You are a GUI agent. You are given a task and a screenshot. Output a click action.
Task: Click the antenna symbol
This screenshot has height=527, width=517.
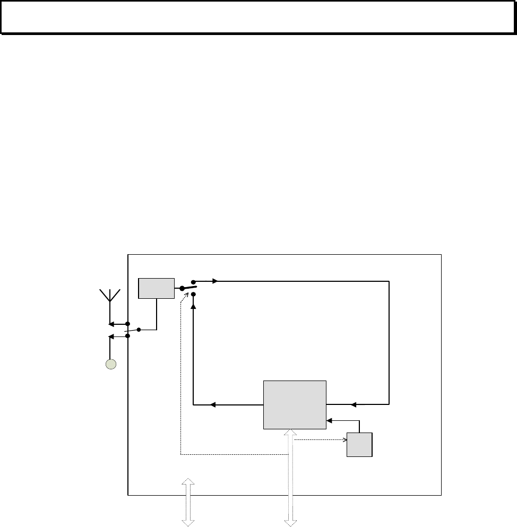coord(110,297)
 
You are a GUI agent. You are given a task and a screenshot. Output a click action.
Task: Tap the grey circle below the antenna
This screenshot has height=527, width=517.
coord(110,364)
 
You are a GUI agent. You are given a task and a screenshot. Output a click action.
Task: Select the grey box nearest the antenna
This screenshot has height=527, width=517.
coord(156,288)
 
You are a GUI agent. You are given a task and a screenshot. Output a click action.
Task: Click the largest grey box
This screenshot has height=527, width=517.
coord(295,404)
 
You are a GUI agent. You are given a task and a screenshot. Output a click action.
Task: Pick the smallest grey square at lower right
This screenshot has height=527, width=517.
coord(359,445)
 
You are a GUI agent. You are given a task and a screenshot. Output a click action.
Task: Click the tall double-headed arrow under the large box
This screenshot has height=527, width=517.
coord(290,478)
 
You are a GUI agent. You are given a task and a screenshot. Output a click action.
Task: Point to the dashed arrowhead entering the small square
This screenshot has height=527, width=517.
coord(344,440)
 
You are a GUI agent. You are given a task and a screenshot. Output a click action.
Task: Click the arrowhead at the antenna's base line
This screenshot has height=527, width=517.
coord(111,324)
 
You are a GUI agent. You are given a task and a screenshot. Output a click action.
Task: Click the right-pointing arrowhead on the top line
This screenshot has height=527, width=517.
coord(214,281)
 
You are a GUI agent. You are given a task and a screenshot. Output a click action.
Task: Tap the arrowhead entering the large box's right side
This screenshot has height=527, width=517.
coord(354,404)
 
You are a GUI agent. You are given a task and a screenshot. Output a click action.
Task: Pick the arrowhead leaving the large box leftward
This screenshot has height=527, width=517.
coord(213,404)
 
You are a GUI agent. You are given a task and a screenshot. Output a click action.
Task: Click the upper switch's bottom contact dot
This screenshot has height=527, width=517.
coord(193,293)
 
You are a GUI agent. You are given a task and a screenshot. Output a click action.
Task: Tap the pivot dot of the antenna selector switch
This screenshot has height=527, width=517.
coord(139,330)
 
